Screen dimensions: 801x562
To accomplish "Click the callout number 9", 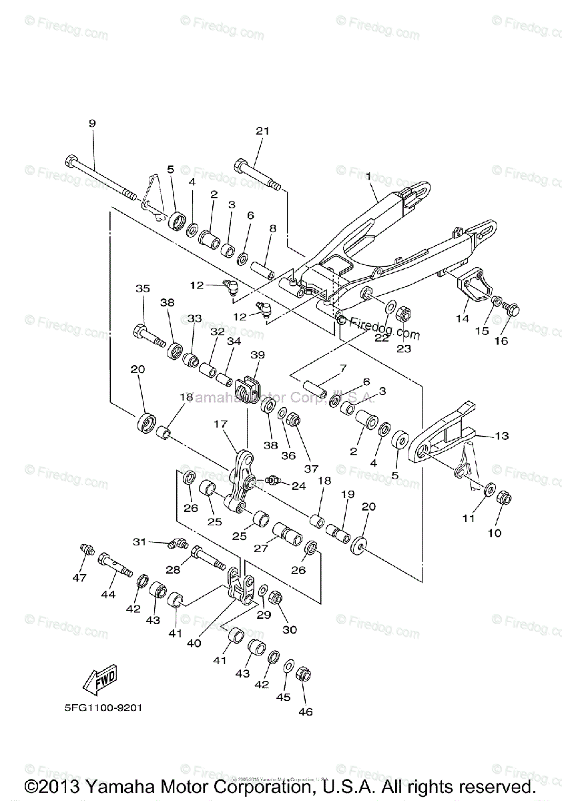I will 92,123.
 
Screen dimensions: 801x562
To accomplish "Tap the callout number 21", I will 262,131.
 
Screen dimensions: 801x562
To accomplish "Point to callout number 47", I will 79,578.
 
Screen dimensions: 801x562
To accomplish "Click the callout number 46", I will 306,712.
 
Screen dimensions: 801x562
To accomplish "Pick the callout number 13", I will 501,436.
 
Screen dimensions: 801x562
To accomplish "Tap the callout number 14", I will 463,318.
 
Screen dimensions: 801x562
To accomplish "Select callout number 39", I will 258,354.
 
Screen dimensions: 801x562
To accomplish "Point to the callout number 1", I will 368,176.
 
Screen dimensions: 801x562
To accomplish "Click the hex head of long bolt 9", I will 72,161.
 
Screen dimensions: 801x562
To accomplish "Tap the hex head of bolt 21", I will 240,164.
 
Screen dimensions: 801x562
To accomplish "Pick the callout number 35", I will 142,289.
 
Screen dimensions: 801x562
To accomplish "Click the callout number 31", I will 138,541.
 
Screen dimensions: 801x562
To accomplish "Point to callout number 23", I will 404,348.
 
